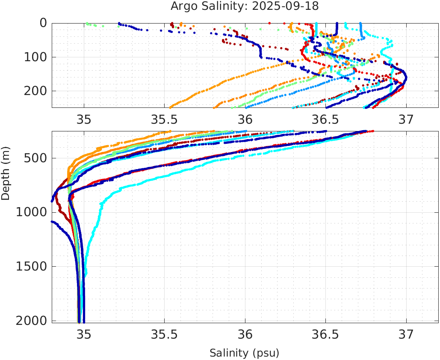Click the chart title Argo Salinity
[x=218, y=6]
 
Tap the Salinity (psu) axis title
[x=244, y=353]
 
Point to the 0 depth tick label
[x=43, y=23]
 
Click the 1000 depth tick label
[x=31, y=212]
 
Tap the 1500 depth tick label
[x=31, y=266]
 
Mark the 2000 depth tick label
[x=31, y=320]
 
